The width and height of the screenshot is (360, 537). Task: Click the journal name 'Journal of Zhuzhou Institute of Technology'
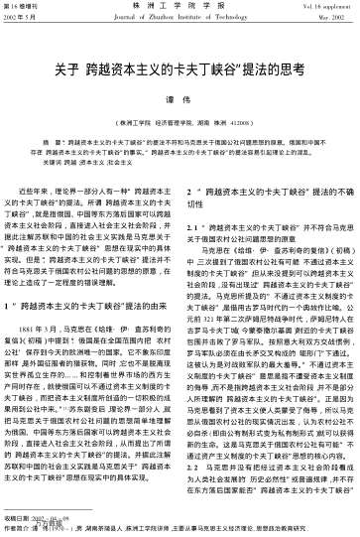pos(180,19)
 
